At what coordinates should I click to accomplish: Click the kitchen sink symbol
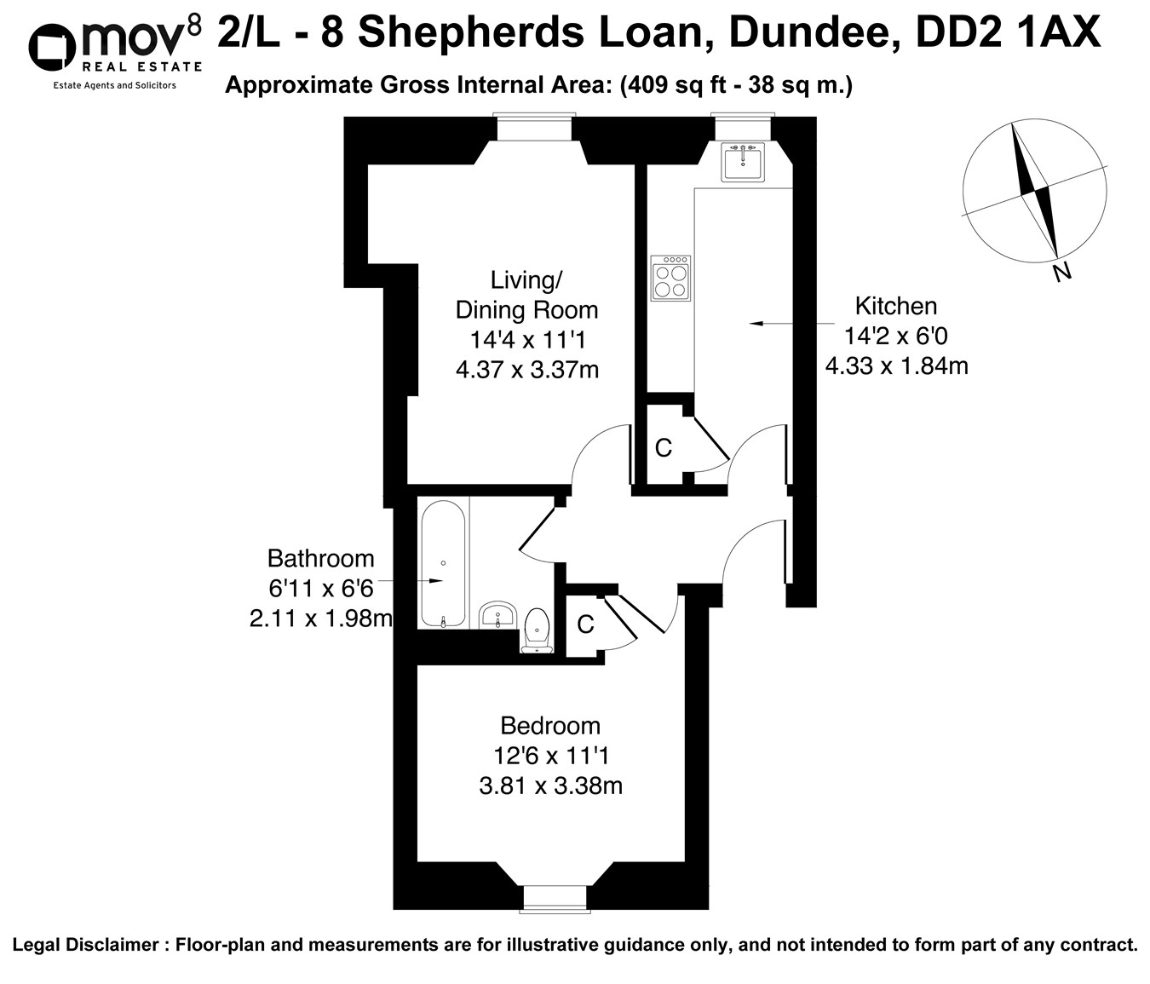click(x=743, y=161)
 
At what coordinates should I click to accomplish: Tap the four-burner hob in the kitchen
click(x=670, y=279)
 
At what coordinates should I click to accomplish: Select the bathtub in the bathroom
click(x=443, y=563)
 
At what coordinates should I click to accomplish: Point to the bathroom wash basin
click(x=497, y=614)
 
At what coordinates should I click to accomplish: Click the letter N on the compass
click(x=1061, y=273)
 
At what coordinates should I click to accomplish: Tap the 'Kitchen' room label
click(x=895, y=306)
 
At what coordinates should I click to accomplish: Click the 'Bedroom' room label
click(x=550, y=725)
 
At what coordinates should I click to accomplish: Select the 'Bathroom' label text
click(x=320, y=558)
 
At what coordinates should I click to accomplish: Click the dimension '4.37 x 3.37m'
click(x=527, y=370)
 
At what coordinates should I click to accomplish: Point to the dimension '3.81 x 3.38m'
click(x=550, y=785)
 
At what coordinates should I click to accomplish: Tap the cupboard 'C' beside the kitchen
click(x=664, y=447)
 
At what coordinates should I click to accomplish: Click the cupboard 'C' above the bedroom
click(x=585, y=624)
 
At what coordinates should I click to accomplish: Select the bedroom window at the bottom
click(x=555, y=898)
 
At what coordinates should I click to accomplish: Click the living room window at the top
click(x=535, y=128)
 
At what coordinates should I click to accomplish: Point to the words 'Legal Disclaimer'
click(x=85, y=945)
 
